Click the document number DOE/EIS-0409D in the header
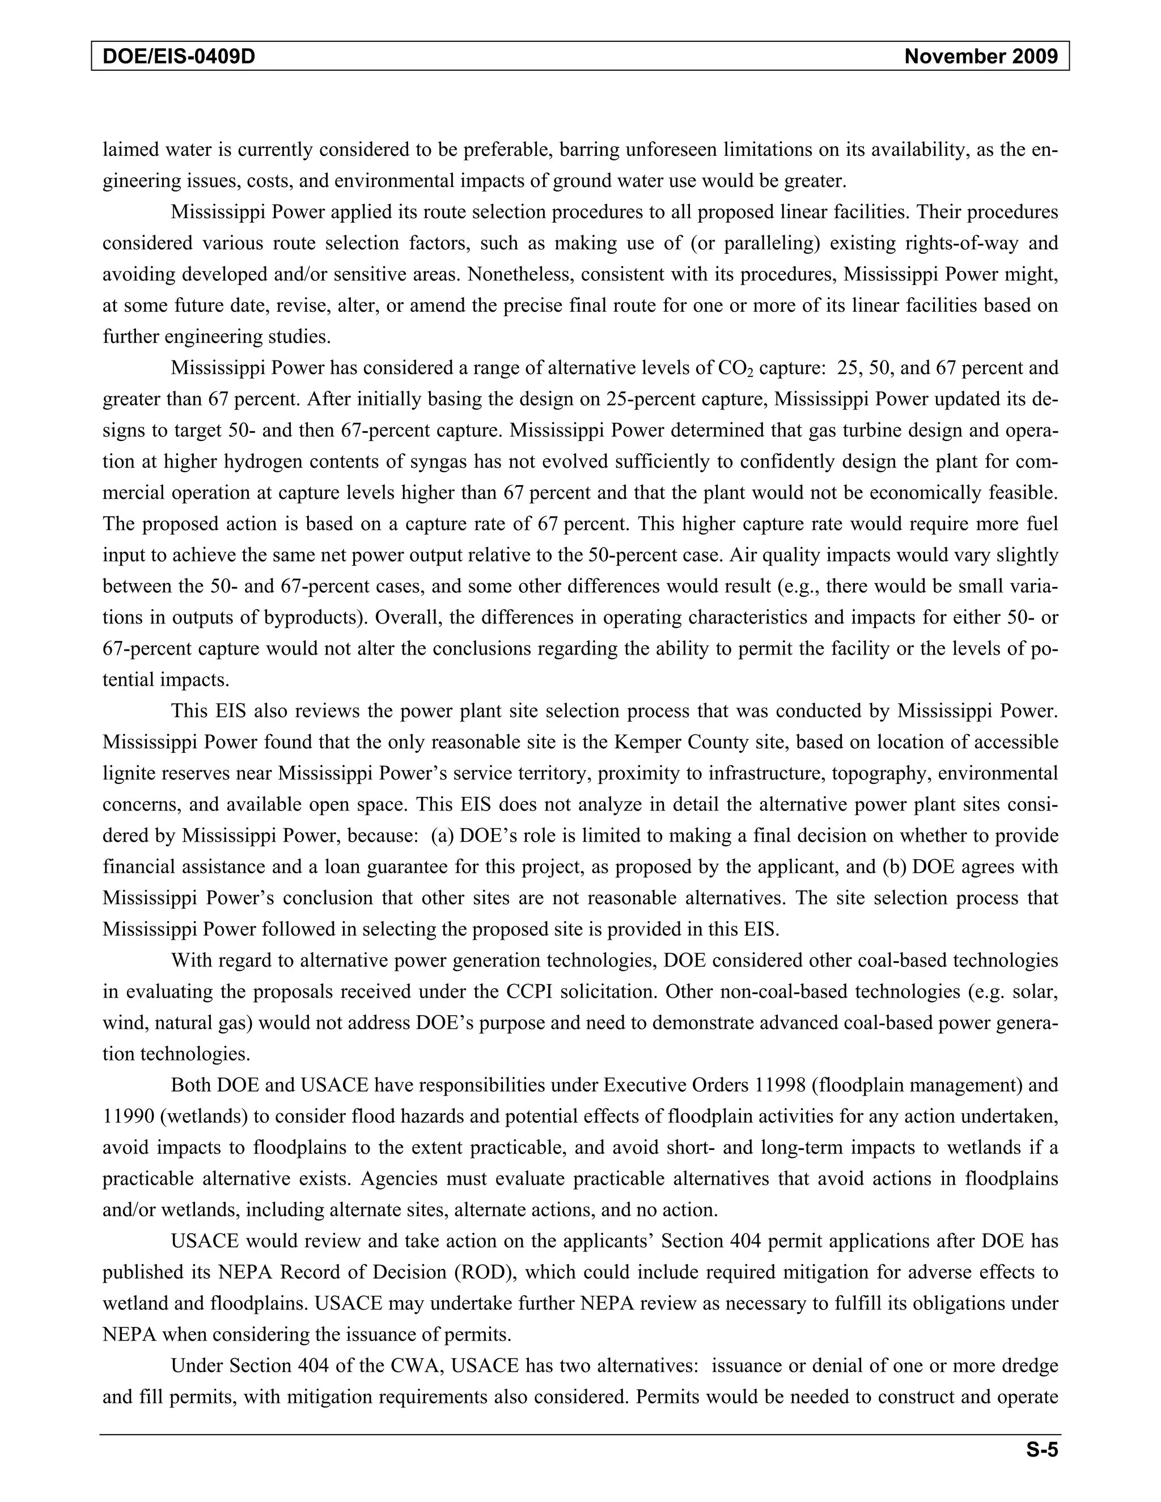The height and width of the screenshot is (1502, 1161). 179,56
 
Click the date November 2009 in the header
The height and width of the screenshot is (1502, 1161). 981,56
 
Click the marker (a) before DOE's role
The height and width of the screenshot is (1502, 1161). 443,836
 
